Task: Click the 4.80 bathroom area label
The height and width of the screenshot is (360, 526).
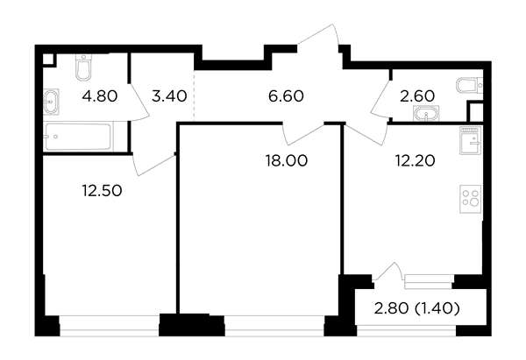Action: (x=100, y=96)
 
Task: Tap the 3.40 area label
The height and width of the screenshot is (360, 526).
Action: (x=169, y=96)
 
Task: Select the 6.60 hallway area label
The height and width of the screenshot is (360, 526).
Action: (x=286, y=96)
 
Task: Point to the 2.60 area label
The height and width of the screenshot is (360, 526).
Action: (x=417, y=96)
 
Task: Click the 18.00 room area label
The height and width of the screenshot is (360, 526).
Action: (x=286, y=160)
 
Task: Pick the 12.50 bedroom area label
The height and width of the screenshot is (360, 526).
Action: (x=102, y=191)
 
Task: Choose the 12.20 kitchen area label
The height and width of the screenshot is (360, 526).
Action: (x=415, y=160)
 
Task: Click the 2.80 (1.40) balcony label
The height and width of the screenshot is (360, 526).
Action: (x=417, y=308)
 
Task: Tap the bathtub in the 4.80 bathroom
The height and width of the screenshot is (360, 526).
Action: (x=78, y=137)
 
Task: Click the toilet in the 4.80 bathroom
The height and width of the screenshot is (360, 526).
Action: (x=83, y=67)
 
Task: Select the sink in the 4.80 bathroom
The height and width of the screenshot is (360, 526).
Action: (x=51, y=102)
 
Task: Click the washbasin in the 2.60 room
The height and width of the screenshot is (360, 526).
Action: (x=427, y=113)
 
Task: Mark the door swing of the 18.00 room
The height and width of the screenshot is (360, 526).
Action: (x=303, y=134)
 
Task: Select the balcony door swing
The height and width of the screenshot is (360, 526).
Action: (x=389, y=272)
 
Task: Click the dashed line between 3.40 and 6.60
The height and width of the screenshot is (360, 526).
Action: (x=195, y=95)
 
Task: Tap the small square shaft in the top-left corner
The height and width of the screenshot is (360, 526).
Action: (x=48, y=59)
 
